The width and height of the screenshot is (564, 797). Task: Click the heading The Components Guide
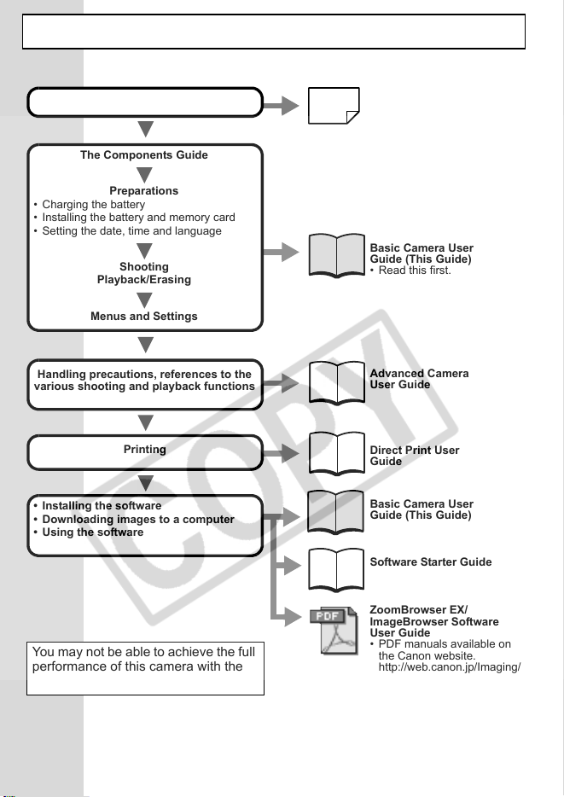[144, 155]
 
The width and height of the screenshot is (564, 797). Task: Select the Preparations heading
[144, 190]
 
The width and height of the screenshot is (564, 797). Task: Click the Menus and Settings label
[144, 317]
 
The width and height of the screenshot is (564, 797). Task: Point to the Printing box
[145, 452]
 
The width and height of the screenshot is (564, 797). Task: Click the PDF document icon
[334, 630]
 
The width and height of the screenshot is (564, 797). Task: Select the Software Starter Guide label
[430, 561]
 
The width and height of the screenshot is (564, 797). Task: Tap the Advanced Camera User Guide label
[419, 379]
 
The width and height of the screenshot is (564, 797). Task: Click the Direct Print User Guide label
[414, 456]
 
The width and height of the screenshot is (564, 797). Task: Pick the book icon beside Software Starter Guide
[336, 570]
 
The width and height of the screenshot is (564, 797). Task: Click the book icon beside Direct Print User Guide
[336, 453]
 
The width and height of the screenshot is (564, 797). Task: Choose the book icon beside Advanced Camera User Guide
[336, 383]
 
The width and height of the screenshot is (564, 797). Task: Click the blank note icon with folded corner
[334, 106]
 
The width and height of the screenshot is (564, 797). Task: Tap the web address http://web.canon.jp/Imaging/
[449, 667]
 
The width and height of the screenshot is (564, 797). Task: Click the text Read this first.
[415, 271]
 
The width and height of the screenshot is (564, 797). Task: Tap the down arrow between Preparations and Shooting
[145, 251]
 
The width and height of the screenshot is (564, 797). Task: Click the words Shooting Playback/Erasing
[144, 273]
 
